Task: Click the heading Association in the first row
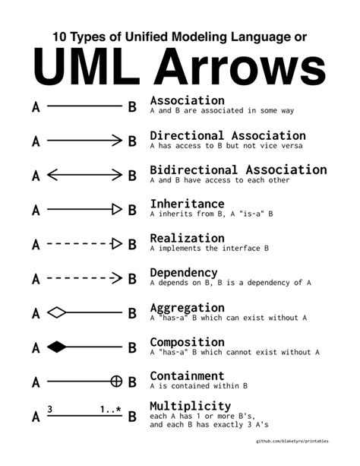tap(187, 100)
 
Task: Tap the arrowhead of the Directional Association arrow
tap(117, 141)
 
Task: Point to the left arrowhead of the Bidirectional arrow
tap(52, 175)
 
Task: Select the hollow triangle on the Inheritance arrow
tap(117, 209)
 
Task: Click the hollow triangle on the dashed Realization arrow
tap(117, 244)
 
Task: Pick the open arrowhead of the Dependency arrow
tap(117, 278)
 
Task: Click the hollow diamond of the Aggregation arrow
tap(56, 312)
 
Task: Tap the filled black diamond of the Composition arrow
tap(56, 347)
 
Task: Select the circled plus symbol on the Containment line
tap(117, 382)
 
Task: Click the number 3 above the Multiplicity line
tap(49, 410)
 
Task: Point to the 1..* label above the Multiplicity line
tap(110, 410)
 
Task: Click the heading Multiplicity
tap(190, 405)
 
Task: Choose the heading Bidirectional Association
tap(238, 170)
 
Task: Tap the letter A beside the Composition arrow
tap(35, 348)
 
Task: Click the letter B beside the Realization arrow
tap(132, 245)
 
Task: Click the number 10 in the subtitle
tap(61, 36)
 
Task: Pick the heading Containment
tap(187, 376)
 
